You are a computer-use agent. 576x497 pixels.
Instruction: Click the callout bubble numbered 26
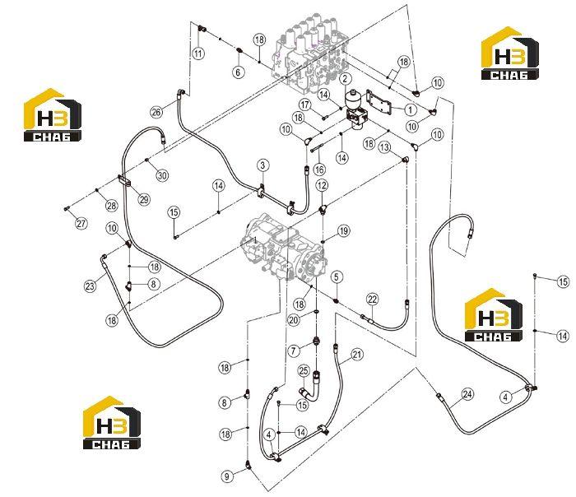coord(156,112)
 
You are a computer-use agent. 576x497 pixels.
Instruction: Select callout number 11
coord(198,53)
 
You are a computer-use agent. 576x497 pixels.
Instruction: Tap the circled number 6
coord(238,72)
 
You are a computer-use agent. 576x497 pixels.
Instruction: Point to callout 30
coord(162,175)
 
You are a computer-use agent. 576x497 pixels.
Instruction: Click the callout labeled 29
coord(144,199)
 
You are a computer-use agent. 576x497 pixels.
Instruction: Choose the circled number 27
coord(81,223)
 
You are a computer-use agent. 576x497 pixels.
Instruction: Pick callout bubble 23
coord(90,286)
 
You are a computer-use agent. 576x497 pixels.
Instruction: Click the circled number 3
coord(262,165)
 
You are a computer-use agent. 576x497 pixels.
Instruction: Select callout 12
coord(322,185)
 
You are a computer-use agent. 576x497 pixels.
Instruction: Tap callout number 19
coord(343,230)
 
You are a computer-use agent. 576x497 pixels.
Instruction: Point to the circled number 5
coord(337,277)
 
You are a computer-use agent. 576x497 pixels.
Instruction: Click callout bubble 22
coord(373,300)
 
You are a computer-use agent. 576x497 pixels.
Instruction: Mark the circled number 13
coord(384,147)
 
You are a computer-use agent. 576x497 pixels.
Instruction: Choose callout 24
coord(467,394)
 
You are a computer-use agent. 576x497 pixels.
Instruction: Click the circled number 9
coord(227,476)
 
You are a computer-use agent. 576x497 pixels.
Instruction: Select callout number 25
coord(304,371)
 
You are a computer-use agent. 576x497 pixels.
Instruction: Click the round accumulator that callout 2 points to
coord(354,99)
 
